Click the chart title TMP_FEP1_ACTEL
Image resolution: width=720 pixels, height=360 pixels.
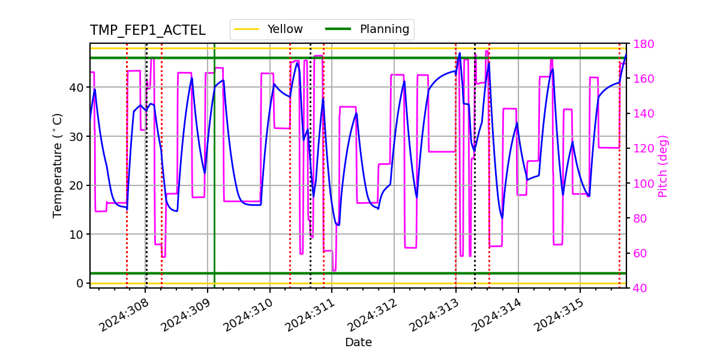coord(148,31)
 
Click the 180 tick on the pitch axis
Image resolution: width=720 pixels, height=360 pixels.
coord(641,44)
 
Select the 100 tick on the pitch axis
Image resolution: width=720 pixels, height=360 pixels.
coord(641,184)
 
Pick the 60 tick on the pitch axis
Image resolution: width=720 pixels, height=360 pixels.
coord(638,253)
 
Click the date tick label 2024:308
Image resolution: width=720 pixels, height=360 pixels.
coord(124,316)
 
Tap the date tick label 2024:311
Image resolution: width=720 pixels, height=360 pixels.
coord(310,316)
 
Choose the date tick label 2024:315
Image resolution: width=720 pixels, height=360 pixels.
coord(558,316)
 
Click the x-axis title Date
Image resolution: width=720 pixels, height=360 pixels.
coord(358,343)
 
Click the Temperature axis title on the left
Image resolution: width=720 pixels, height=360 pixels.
coord(58,165)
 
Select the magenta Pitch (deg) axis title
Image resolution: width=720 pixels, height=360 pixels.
coord(663,166)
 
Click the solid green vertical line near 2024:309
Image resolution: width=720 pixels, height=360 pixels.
coord(214,180)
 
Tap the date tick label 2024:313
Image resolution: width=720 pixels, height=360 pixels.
coord(434,316)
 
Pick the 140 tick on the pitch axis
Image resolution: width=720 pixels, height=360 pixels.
coord(641,113)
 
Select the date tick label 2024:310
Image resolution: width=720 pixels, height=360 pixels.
coord(248,316)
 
